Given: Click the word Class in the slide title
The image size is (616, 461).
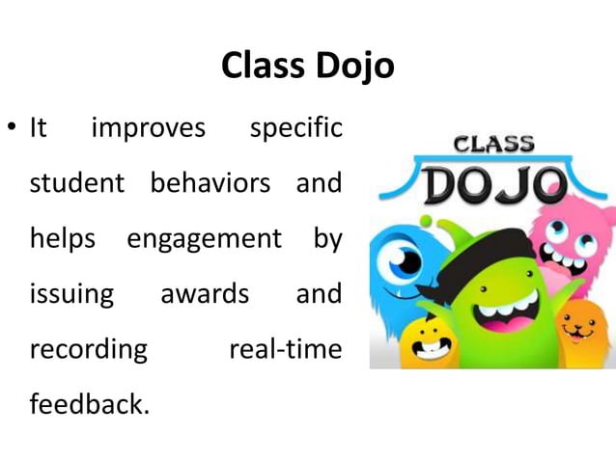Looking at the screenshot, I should (x=262, y=66).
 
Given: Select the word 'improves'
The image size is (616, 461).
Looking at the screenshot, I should (x=148, y=128).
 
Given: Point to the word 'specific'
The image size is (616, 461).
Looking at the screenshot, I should (x=295, y=128).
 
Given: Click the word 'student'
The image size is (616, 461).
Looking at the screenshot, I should (x=77, y=183).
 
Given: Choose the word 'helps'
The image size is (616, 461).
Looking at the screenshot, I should (x=62, y=238).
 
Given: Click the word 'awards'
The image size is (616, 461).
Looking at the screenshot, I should (x=197, y=293).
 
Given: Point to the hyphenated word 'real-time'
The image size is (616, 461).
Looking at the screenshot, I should (x=285, y=348).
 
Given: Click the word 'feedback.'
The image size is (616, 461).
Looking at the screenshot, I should (x=90, y=403).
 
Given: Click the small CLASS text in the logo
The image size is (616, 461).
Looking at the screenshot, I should (x=494, y=146).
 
